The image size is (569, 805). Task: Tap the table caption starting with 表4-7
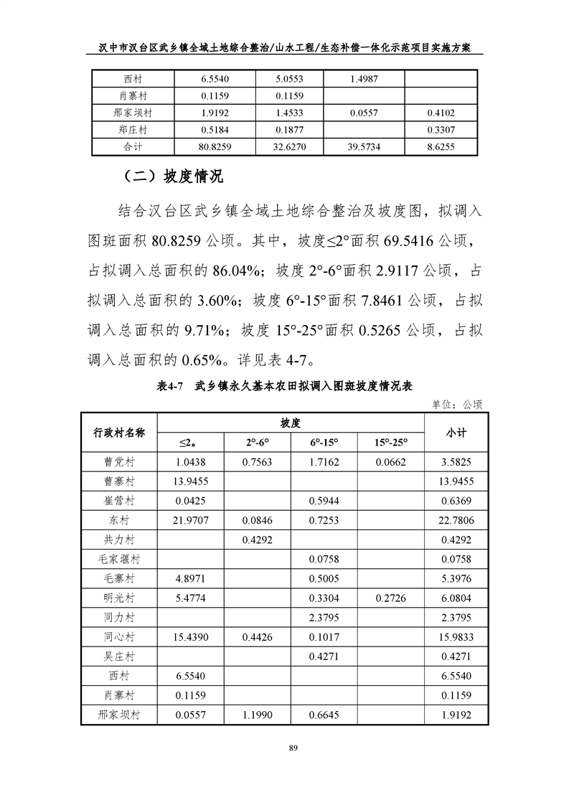point(284,385)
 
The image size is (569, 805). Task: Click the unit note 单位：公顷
point(457,404)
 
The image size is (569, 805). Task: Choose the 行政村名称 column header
point(119,433)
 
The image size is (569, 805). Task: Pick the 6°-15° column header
point(324,443)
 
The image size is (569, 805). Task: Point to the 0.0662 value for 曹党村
point(390,462)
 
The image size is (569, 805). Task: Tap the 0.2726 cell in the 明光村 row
point(390,598)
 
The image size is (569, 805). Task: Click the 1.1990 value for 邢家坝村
point(256,715)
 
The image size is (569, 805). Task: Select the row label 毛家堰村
point(119,558)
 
